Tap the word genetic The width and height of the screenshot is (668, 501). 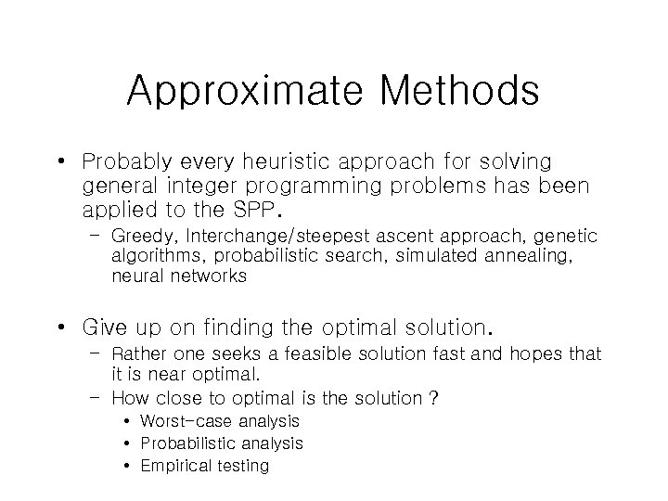566,238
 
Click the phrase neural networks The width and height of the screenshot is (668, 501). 179,276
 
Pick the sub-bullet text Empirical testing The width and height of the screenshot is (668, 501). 204,466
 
